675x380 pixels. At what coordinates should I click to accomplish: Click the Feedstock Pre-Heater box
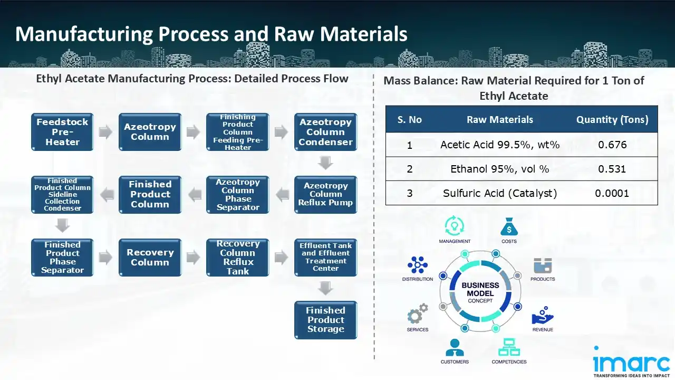tap(62, 132)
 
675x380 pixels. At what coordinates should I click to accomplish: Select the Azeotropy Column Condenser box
tap(325, 132)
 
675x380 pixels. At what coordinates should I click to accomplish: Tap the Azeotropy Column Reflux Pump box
tap(325, 194)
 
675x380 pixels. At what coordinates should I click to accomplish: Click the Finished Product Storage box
tap(325, 320)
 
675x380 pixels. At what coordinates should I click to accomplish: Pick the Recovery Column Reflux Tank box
tap(238, 258)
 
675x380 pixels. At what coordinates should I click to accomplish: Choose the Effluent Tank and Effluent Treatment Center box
tap(325, 257)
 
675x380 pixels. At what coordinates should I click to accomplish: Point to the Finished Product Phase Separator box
tap(62, 258)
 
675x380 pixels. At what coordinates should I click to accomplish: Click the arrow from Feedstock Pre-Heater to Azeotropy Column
tap(106, 132)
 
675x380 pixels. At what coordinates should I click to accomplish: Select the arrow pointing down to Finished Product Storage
tap(325, 288)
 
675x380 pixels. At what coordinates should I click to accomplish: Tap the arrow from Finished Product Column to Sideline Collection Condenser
tap(107, 195)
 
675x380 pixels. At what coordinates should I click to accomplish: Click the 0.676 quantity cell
tap(612, 145)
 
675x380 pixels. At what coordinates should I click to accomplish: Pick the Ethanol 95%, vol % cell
tap(499, 169)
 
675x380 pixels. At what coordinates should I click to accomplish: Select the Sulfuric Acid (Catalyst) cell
tap(499, 193)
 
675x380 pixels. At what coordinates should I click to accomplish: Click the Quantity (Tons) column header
tap(612, 120)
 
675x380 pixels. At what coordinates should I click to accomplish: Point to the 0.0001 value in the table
tap(612, 193)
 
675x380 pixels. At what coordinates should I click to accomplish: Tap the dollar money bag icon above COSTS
tap(508, 227)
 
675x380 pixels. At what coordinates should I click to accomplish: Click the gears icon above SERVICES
tap(417, 315)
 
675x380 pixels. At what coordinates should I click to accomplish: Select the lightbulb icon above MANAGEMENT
tap(454, 226)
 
